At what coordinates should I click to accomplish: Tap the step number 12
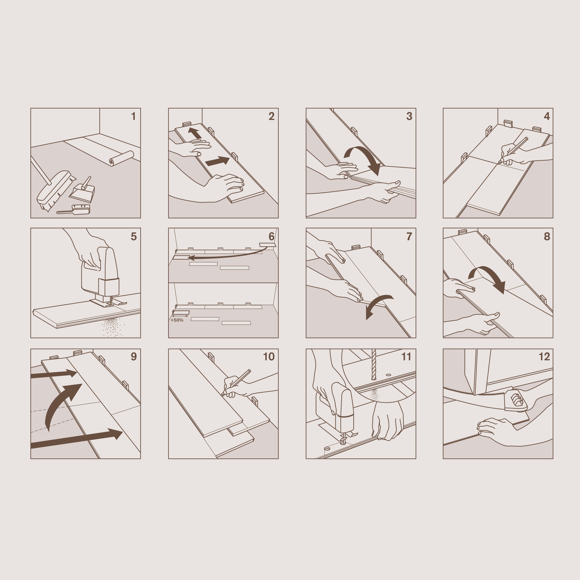click(x=544, y=357)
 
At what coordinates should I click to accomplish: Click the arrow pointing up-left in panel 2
click(x=195, y=133)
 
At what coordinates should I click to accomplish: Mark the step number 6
click(x=271, y=236)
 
